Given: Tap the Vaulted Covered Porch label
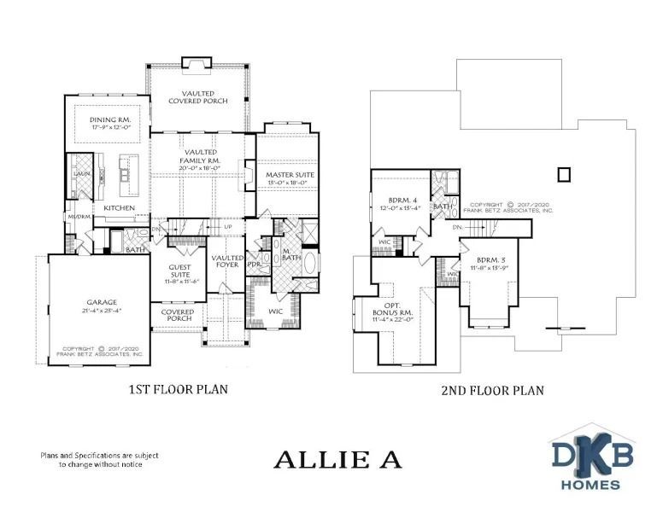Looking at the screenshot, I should [197, 98].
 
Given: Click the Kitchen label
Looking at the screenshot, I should [120, 208].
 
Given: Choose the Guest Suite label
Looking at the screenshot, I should [179, 271].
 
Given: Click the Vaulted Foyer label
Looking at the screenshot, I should [227, 262].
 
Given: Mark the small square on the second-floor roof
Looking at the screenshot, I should [563, 174].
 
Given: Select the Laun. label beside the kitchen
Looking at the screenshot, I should [81, 173].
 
